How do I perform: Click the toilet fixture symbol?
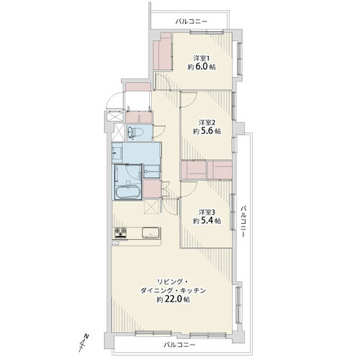tap(135, 132)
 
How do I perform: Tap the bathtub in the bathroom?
tap(128, 192)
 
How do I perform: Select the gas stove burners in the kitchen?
tap(120, 233)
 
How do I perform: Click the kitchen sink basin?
tap(150, 233)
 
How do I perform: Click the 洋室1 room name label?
tap(199, 58)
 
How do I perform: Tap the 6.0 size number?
tap(202, 67)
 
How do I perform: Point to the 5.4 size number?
tap(207, 221)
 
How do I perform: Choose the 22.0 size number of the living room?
tap(174, 300)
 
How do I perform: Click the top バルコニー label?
tap(192, 22)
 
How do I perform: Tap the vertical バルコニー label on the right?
tap(243, 221)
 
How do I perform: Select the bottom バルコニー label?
tap(179, 345)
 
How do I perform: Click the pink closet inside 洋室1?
tap(163, 52)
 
